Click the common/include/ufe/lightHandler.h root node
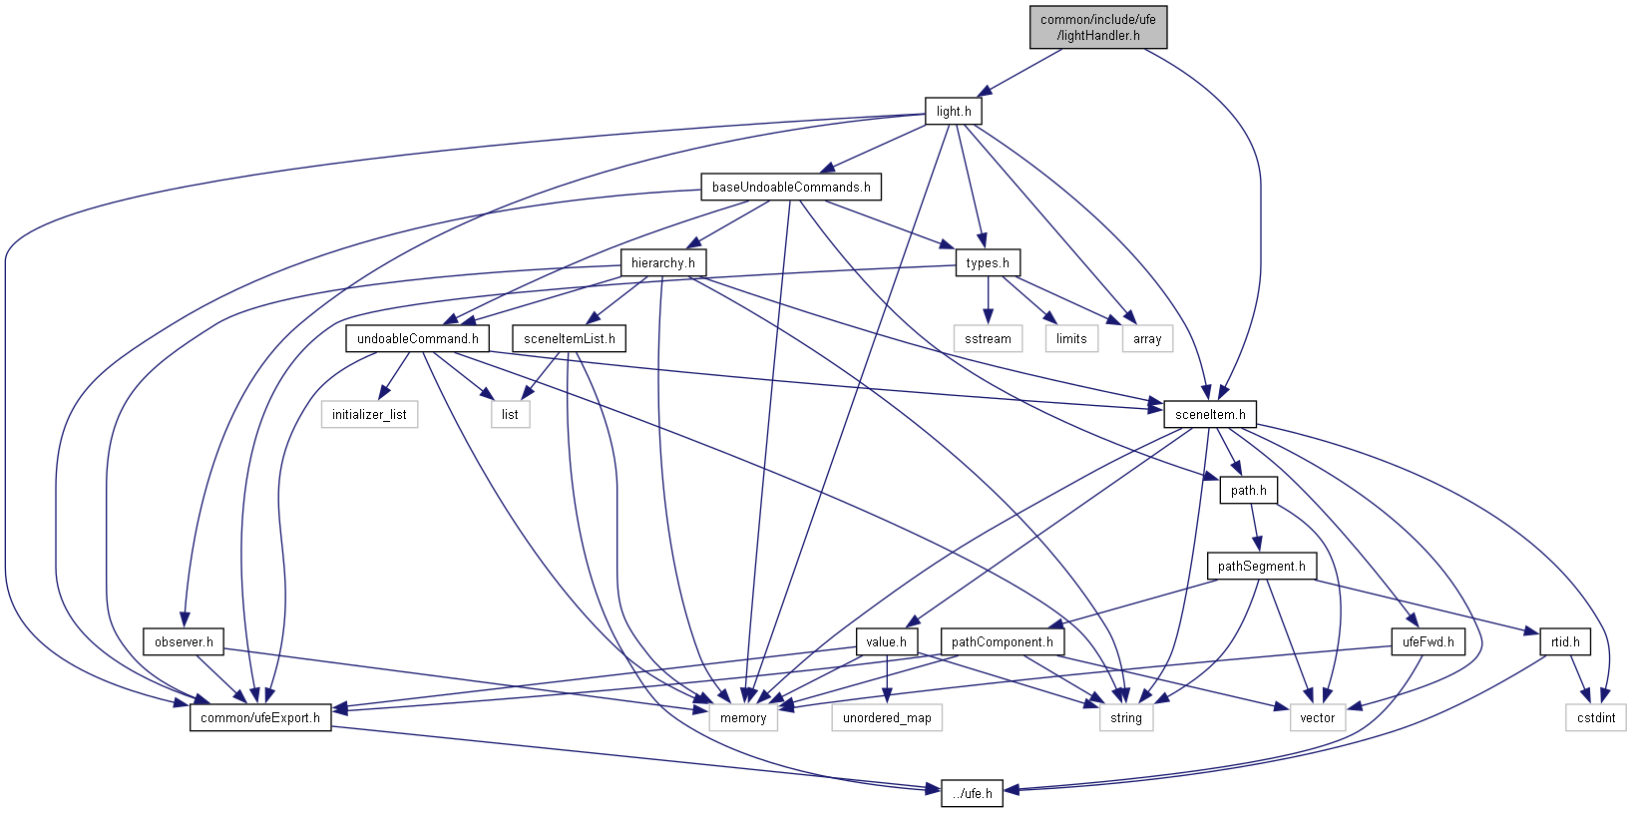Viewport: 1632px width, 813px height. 1097,27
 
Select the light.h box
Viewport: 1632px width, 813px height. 953,112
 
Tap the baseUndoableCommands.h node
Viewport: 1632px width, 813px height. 790,188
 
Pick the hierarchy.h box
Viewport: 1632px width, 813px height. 662,263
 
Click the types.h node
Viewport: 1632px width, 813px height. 987,263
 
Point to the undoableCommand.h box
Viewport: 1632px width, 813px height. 417,339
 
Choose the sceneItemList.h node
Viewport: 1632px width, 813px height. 569,339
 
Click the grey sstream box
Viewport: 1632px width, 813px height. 988,339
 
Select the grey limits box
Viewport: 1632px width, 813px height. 1071,339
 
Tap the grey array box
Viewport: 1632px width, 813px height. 1147,339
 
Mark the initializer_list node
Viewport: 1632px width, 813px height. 369,415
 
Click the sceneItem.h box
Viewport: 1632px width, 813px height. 1209,415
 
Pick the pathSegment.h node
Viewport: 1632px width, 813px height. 1261,567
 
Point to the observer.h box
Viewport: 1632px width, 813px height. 184,642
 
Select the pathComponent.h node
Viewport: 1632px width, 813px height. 1002,642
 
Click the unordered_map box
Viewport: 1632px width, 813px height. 886,718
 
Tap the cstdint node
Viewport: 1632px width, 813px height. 1596,718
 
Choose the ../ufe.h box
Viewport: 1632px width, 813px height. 972,794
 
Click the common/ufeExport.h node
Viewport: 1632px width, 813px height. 259,718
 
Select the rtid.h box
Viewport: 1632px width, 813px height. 1564,642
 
